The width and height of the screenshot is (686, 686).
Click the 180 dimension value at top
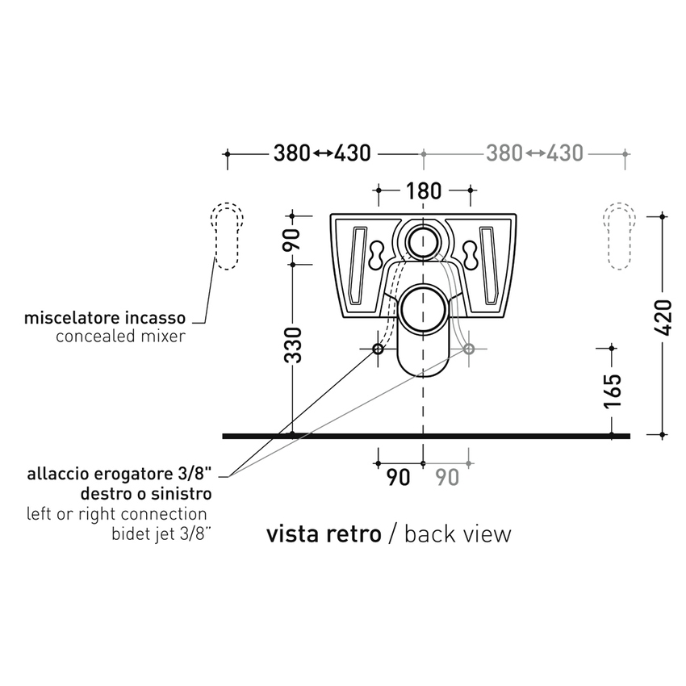[424, 191]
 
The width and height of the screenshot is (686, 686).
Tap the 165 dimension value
[613, 391]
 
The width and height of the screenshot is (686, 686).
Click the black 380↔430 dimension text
[322, 153]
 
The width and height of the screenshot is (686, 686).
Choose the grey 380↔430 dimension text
[536, 153]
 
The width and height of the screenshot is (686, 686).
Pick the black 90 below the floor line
[397, 477]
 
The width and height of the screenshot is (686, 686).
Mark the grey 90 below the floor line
[448, 477]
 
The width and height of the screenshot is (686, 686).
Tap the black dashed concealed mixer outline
[227, 234]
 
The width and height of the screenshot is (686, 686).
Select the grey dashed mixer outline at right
[620, 234]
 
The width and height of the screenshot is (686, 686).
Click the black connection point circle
[378, 349]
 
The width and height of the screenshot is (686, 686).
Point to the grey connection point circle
[469, 349]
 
